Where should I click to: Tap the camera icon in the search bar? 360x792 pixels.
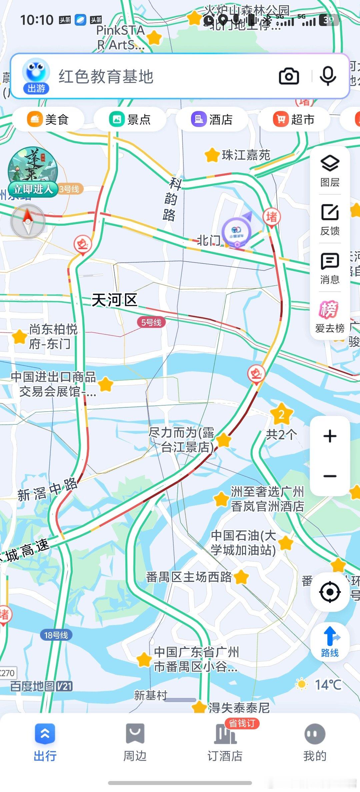point(289,76)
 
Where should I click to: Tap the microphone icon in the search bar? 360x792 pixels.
point(328,76)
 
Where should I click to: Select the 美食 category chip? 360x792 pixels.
point(48,119)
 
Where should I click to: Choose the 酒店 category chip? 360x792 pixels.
point(212,119)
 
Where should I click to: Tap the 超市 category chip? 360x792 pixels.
point(294,119)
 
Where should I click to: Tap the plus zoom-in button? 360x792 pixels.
point(330,436)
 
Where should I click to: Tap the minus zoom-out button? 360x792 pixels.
point(330,476)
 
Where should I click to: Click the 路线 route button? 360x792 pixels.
point(330,642)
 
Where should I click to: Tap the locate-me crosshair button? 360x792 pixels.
point(330,592)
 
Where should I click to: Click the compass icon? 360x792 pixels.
point(28,221)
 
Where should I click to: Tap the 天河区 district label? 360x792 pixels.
point(114,300)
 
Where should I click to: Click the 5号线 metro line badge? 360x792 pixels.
point(151,322)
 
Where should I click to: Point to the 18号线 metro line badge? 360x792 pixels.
point(56,635)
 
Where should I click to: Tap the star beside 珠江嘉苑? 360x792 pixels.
point(212,155)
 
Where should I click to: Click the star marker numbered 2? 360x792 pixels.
point(281,414)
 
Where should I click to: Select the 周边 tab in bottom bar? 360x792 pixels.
point(135,741)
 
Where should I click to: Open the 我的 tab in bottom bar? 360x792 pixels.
point(315,741)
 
